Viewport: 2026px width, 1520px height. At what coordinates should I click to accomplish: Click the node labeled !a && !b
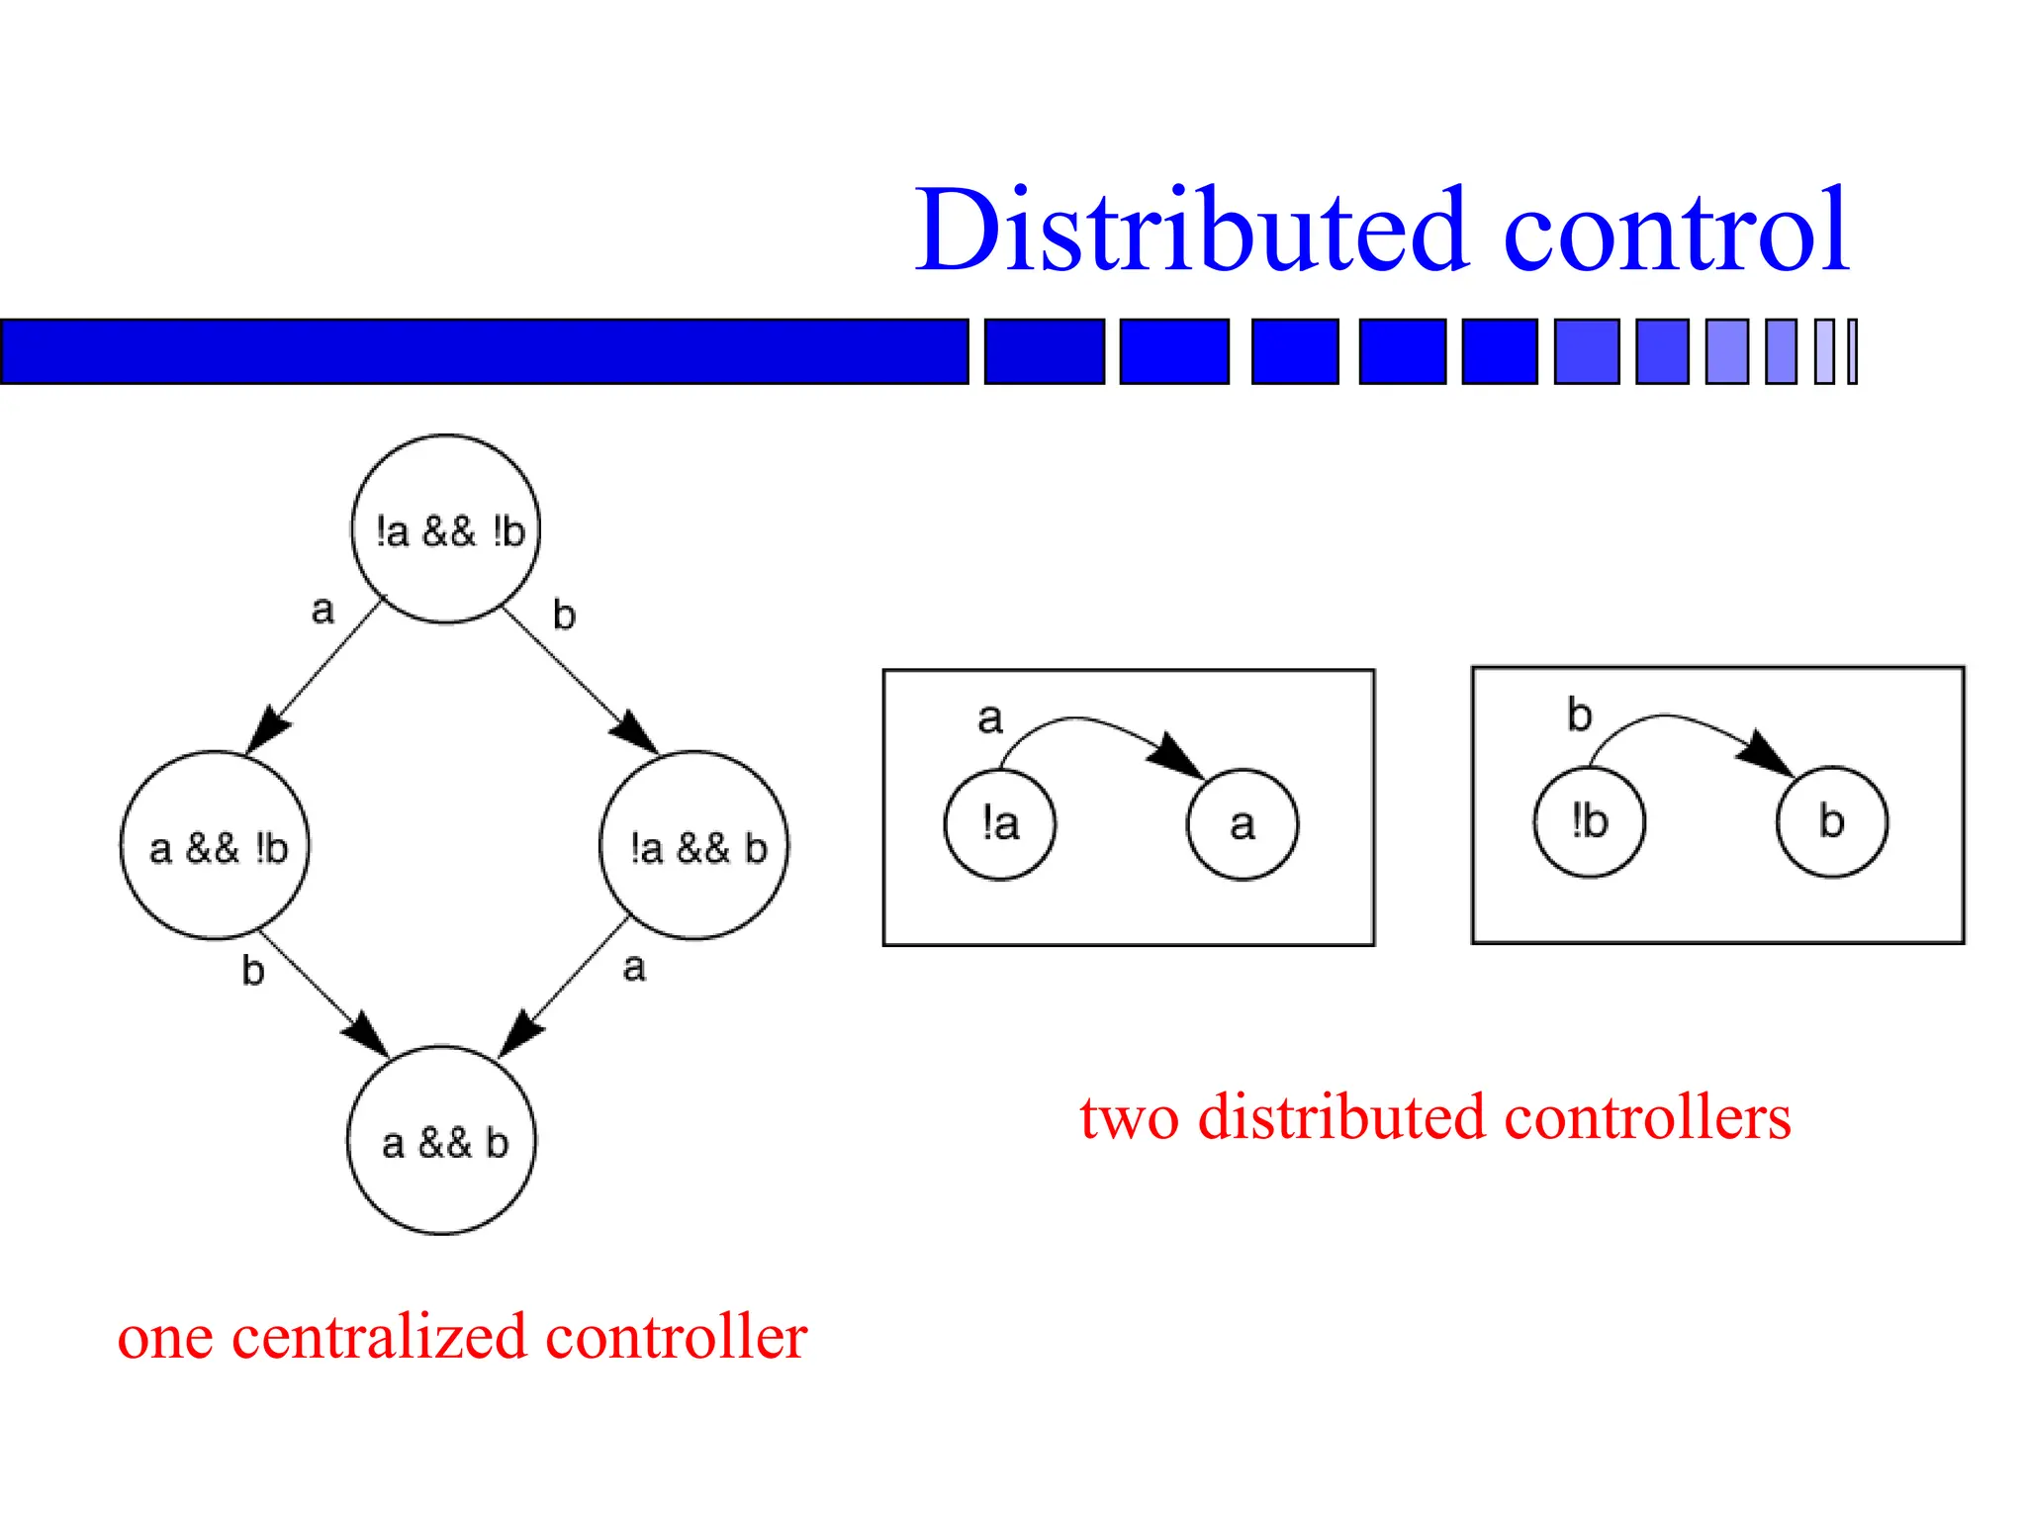point(446,529)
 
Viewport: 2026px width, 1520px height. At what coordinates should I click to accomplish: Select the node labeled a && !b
point(215,846)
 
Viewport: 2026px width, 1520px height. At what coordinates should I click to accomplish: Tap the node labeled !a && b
point(694,846)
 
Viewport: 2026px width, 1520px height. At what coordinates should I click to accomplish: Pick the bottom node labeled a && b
point(442,1141)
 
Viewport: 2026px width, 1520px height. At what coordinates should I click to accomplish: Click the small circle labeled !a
point(1000,823)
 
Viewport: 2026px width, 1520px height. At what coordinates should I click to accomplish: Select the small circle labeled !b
point(1590,821)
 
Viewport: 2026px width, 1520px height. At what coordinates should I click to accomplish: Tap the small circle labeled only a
point(1243,824)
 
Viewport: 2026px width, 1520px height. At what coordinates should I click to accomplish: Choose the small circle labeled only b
point(1832,821)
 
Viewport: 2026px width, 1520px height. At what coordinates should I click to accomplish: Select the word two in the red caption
point(1129,1118)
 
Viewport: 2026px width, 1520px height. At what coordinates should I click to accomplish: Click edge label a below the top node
point(322,610)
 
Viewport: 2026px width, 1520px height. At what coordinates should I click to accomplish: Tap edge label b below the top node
point(564,615)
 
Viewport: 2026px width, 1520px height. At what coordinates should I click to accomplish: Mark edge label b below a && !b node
point(253,971)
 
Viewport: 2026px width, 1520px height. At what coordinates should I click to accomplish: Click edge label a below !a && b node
point(634,967)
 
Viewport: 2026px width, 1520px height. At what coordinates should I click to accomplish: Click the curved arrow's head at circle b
point(1768,755)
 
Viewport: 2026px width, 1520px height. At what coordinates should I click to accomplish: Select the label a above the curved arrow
point(990,717)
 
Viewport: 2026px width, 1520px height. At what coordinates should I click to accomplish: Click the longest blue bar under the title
point(484,351)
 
